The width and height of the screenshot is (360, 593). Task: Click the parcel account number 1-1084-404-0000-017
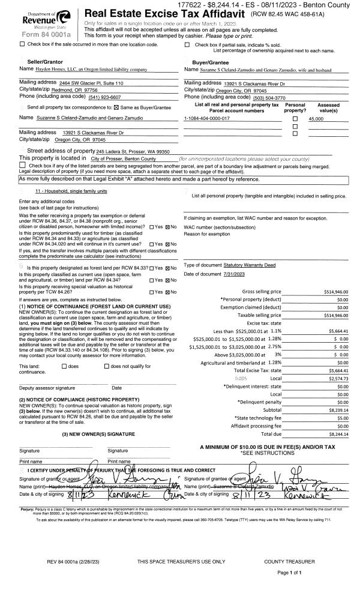207,119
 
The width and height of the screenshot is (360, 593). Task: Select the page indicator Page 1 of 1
292,573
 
